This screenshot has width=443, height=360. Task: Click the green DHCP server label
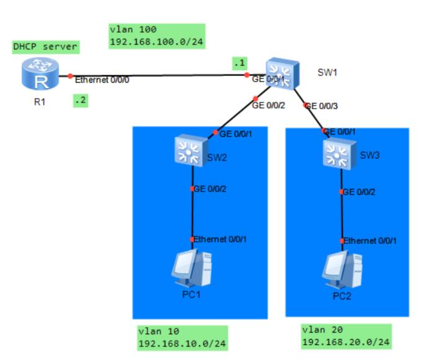tap(47, 47)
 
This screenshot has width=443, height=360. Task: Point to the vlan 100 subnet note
tap(156, 37)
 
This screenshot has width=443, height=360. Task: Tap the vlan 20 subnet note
tap(346, 336)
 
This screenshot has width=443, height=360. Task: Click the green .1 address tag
tap(238, 63)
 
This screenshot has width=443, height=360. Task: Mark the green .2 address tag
tap(80, 100)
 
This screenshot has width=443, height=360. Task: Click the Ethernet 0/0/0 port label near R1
tap(102, 80)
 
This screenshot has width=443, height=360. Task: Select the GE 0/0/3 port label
tap(321, 106)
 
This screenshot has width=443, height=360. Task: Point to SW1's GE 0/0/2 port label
tap(268, 106)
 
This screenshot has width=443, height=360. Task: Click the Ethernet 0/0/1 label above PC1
tap(220, 240)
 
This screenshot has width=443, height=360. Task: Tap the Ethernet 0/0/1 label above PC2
tap(370, 241)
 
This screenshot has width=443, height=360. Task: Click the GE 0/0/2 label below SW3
tap(359, 192)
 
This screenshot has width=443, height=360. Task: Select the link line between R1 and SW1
tap(161, 76)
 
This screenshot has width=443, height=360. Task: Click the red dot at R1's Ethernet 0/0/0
tap(71, 76)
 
